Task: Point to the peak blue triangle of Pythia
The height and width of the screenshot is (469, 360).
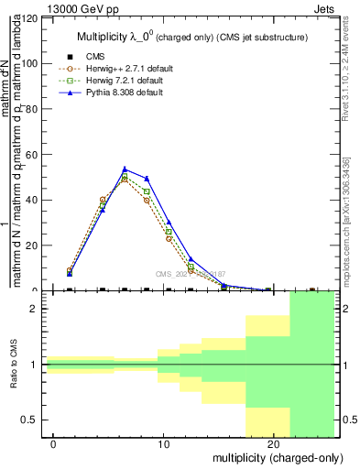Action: point(125,169)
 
